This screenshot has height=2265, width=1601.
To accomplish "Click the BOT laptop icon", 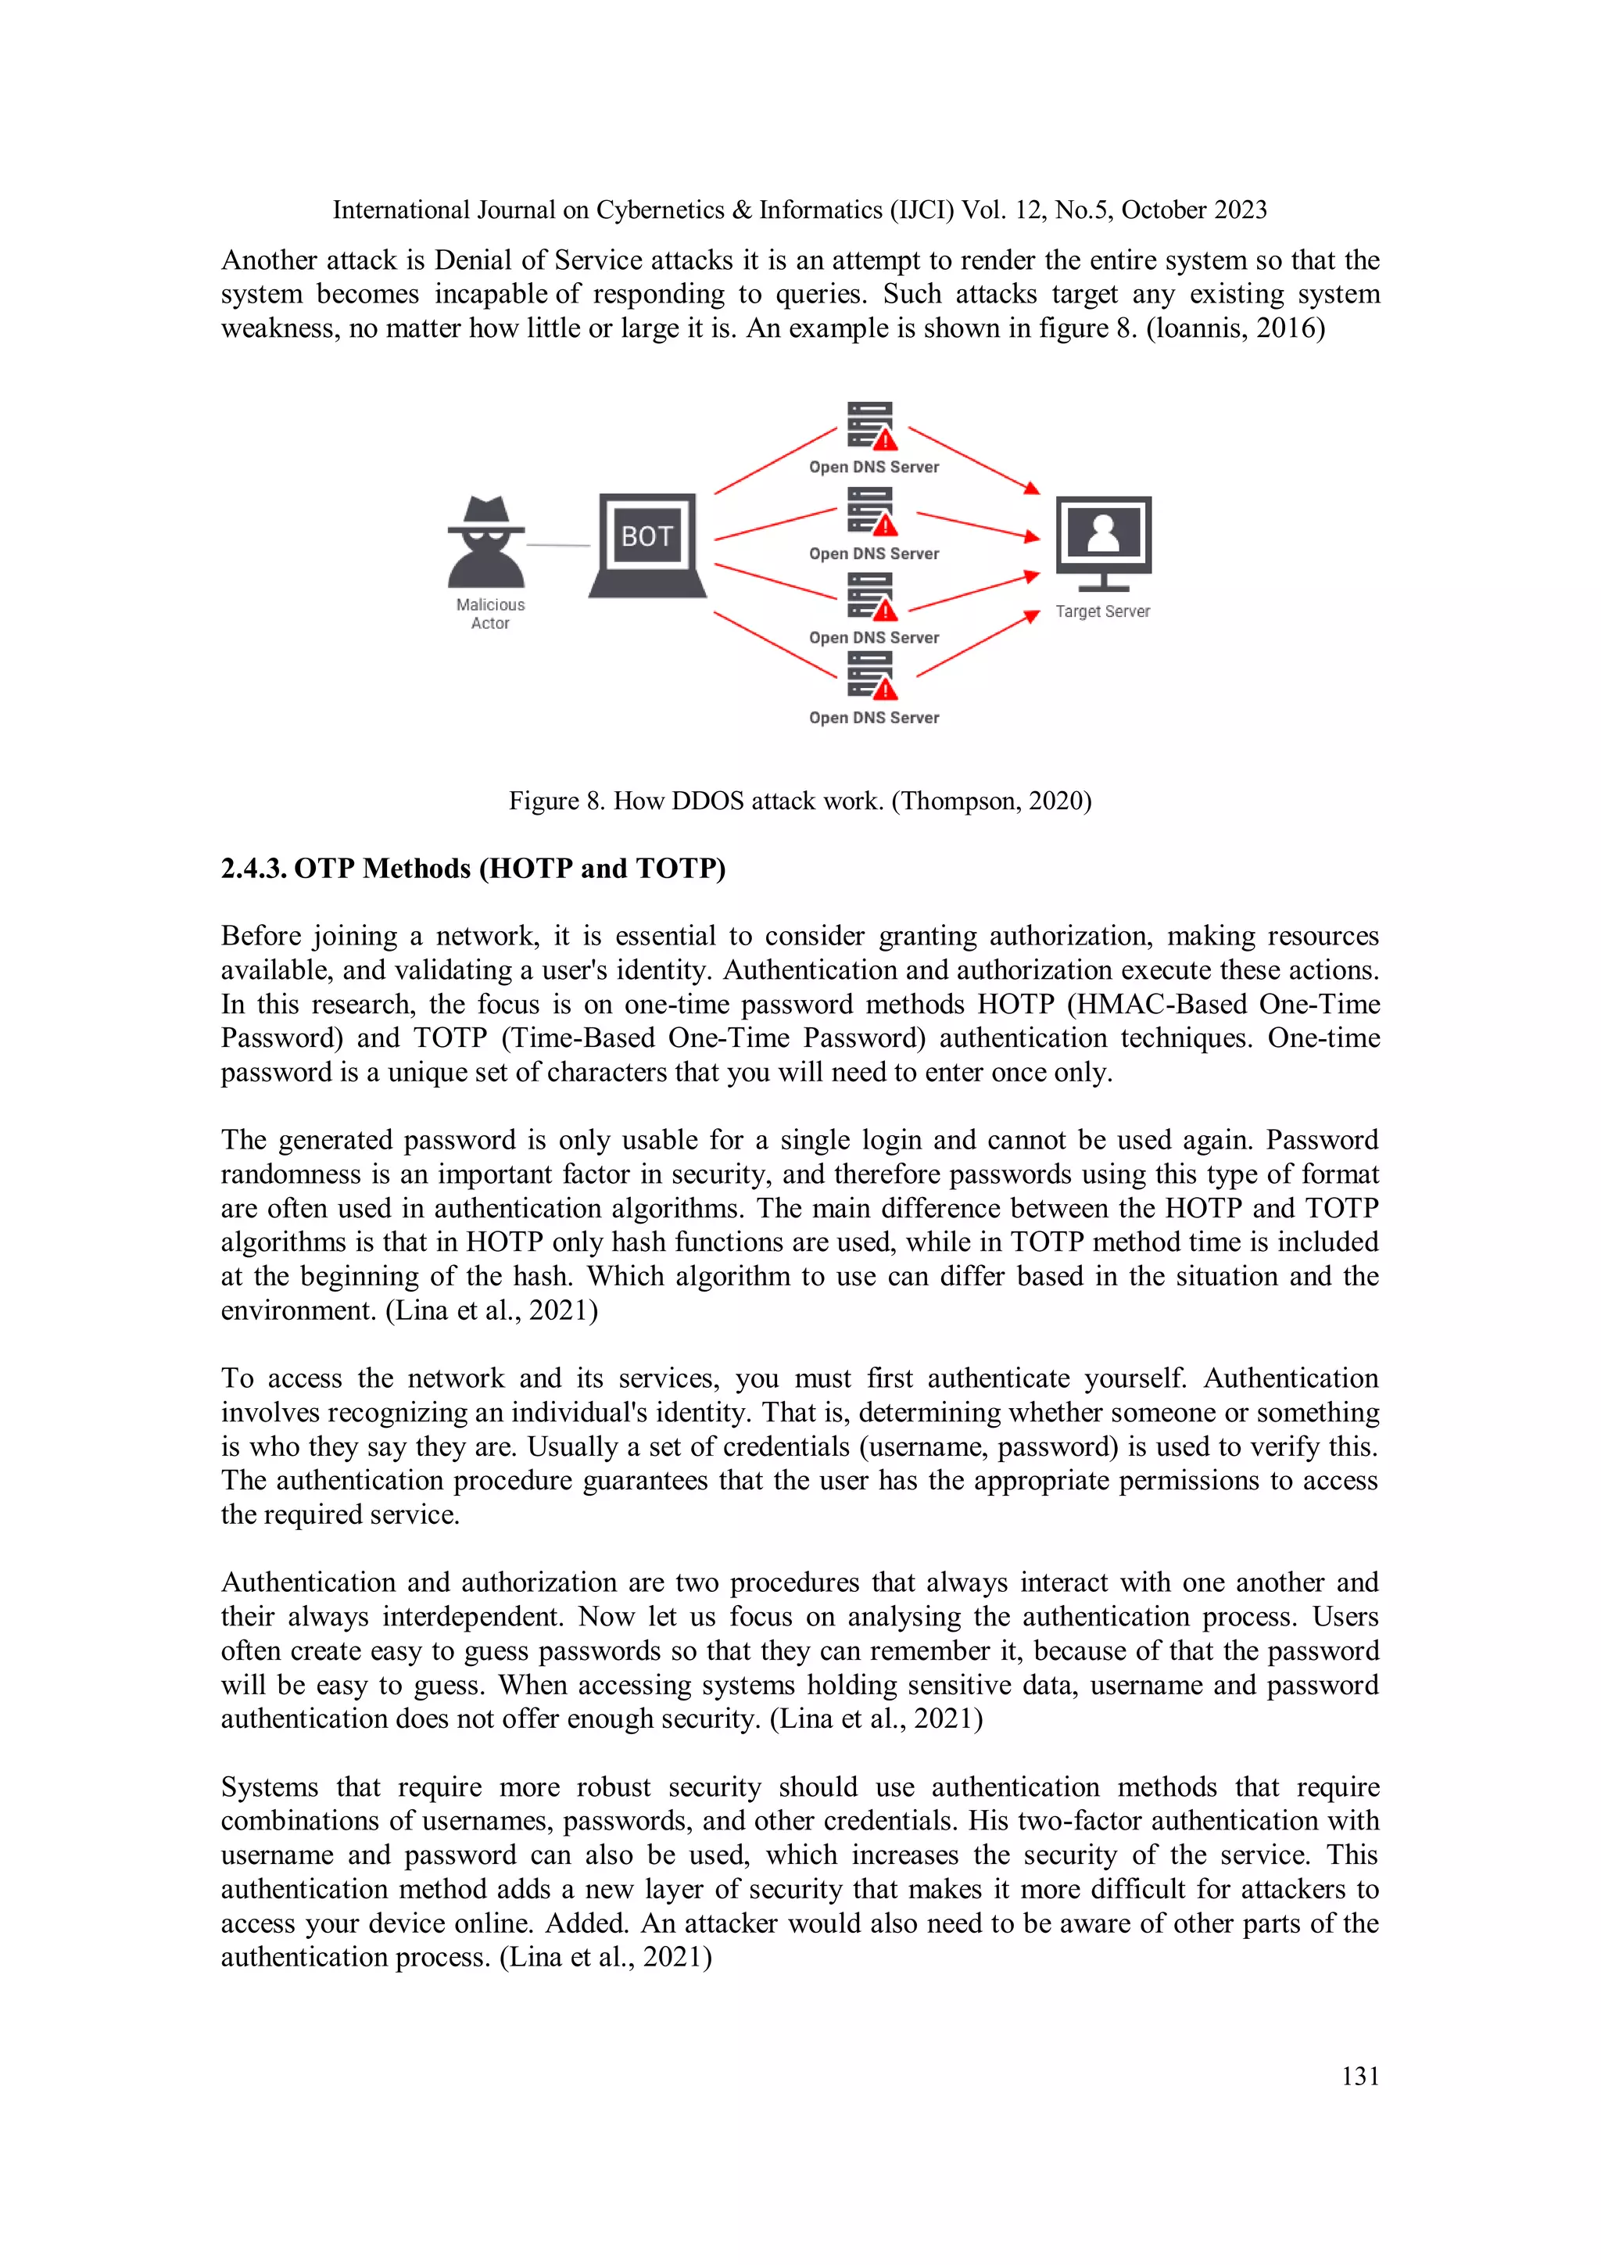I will click(x=646, y=544).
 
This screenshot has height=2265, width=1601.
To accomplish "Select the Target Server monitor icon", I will click(x=1103, y=542).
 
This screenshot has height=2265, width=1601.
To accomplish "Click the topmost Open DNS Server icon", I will click(x=871, y=425).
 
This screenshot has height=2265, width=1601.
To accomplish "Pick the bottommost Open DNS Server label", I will click(x=874, y=717).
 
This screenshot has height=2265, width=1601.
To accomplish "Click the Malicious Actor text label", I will click(x=490, y=614).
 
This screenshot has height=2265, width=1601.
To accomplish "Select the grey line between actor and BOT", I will click(x=557, y=544).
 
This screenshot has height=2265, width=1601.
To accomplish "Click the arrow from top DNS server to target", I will click(x=972, y=460).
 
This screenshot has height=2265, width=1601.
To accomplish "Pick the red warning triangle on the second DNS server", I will click(x=885, y=525).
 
